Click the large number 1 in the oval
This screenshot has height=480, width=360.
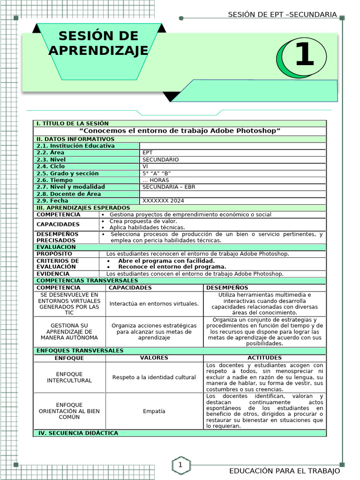click(304, 55)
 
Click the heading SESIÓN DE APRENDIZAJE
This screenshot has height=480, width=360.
click(98, 43)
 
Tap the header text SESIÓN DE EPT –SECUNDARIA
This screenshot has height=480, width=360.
click(282, 15)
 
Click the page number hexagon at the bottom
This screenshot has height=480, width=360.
click(180, 465)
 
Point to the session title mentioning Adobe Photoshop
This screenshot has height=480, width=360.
click(180, 130)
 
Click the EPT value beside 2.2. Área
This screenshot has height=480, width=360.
click(148, 153)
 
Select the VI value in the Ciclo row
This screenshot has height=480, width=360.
click(145, 166)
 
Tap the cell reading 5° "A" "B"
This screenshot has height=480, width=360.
click(156, 173)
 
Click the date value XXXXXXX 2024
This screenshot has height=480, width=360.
click(163, 201)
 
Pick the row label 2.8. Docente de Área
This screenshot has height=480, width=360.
click(68, 194)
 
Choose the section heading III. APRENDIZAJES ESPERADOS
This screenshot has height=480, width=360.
click(83, 208)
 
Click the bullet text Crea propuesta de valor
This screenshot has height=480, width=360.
click(143, 221)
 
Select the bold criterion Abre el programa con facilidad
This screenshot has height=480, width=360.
click(166, 261)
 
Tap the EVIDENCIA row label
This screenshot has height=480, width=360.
click(53, 274)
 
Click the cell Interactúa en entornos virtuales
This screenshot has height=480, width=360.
click(154, 304)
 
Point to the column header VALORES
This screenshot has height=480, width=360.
click(154, 358)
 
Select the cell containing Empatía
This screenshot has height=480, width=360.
click(154, 411)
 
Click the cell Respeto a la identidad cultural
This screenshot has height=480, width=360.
click(154, 377)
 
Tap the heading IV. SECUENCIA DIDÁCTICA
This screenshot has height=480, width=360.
click(78, 433)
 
